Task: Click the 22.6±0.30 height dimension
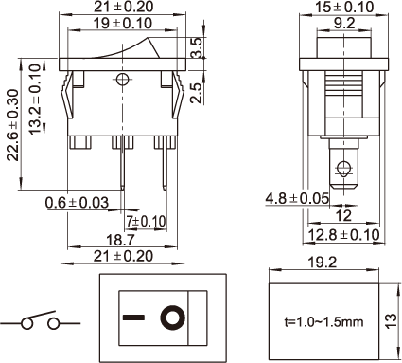pos(13,125)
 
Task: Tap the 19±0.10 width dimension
pos(123,24)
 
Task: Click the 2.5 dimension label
pos(197,93)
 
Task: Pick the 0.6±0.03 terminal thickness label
pos(77,203)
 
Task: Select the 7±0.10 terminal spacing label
pos(146,221)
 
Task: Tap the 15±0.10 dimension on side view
pos(344,7)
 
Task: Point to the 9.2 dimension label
pos(344,24)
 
